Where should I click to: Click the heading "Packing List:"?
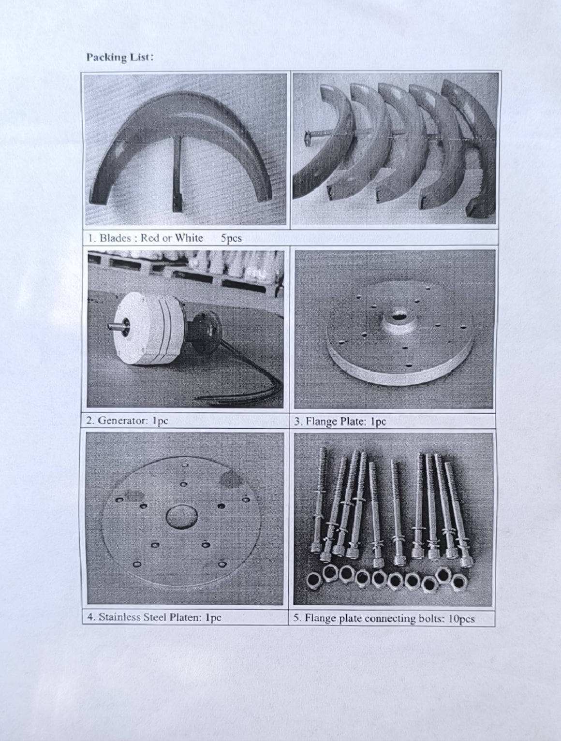coord(120,57)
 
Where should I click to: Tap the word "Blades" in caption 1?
coord(115,238)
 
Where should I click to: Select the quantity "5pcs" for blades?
coord(231,238)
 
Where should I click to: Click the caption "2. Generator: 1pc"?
coord(127,421)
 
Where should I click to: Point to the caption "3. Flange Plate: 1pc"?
coord(340,421)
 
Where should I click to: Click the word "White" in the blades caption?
coord(189,238)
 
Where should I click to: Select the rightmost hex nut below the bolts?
coord(459,582)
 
